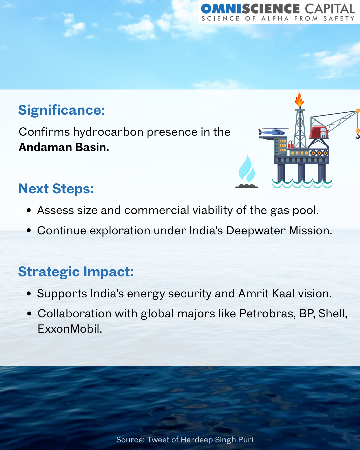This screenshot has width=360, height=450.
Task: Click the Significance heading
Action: [61, 110]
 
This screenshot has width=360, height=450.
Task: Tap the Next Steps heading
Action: [56, 189]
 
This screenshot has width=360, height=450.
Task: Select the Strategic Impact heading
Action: [76, 272]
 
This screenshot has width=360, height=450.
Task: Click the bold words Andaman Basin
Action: [64, 147]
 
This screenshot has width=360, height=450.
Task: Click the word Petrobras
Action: [268, 313]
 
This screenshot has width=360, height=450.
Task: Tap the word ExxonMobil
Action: [70, 329]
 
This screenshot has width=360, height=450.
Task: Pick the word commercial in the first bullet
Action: [157, 210]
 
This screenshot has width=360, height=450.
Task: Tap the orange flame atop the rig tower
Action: [300, 99]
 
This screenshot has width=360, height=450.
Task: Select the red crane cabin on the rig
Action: [319, 132]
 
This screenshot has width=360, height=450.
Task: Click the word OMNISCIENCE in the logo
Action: [250, 9]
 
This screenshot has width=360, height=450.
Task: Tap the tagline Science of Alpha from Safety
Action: [278, 19]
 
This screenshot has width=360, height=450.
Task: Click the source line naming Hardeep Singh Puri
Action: [185, 440]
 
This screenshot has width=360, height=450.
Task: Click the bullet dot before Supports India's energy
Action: [29, 294]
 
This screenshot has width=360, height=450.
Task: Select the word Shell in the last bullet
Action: [333, 313]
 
